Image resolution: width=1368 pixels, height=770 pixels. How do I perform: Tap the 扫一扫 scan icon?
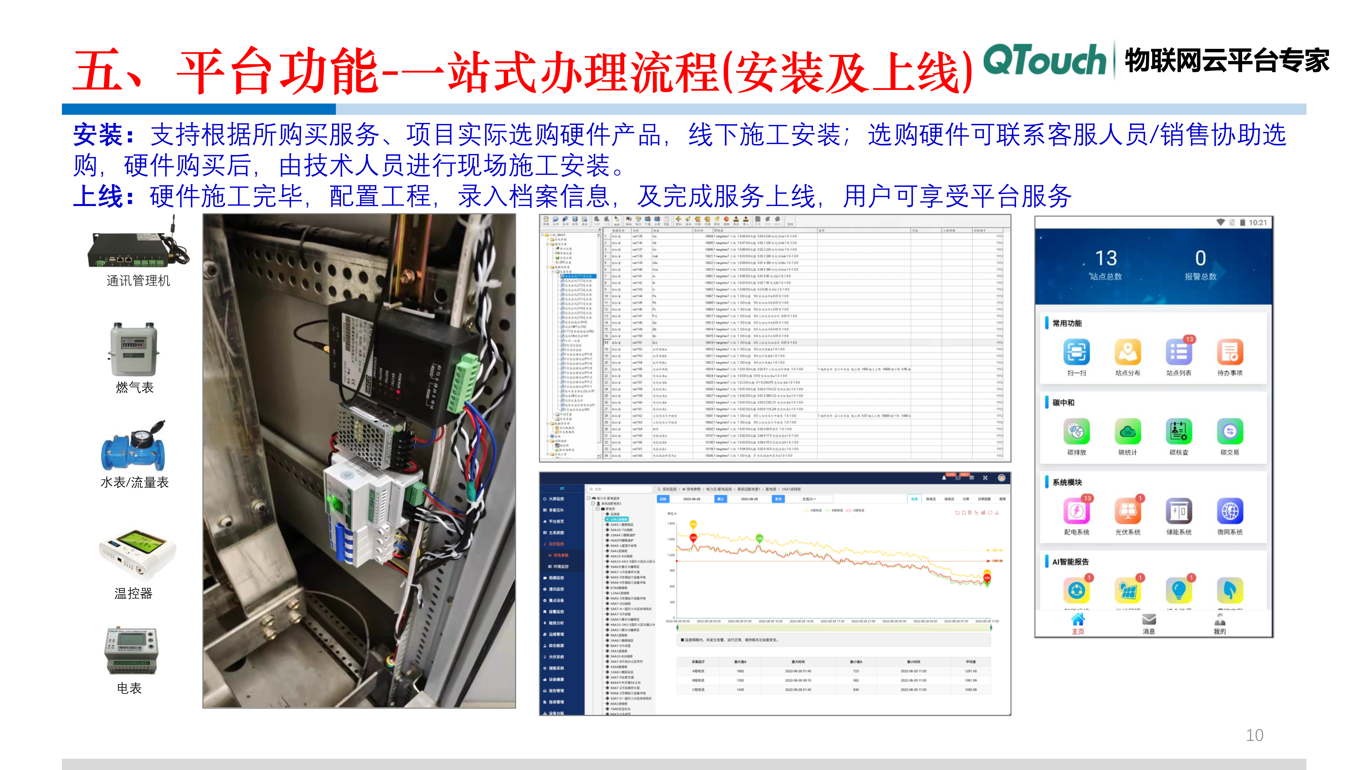[x=1077, y=352]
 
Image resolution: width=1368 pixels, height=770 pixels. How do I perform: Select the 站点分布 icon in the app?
[x=1128, y=352]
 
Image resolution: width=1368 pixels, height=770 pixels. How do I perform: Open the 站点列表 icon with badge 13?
[x=1179, y=352]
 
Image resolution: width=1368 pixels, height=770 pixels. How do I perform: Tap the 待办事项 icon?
[x=1229, y=352]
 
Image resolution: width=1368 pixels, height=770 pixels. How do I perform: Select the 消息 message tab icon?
[x=1149, y=620]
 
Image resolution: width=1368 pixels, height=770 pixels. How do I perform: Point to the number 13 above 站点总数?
[x=1106, y=258]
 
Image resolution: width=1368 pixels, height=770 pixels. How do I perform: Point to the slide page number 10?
[x=1254, y=735]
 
